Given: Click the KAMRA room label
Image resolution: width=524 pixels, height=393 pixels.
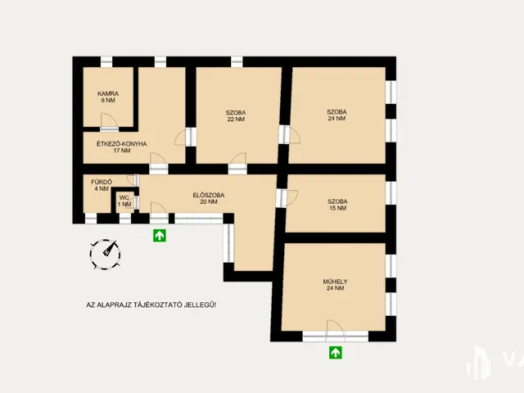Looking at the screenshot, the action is click(x=108, y=97).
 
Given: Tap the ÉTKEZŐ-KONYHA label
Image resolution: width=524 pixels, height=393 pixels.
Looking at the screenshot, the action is click(x=122, y=147).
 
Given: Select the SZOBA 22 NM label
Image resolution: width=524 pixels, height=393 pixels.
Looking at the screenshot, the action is click(x=236, y=115).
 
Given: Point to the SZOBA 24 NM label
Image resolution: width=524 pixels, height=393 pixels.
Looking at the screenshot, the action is click(x=337, y=115).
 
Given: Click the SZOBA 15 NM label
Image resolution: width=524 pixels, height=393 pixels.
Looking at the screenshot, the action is click(x=337, y=205).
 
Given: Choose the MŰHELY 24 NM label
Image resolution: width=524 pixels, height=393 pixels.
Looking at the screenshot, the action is click(x=335, y=285).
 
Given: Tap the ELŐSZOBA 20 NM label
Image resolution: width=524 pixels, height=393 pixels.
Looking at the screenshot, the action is click(x=209, y=198).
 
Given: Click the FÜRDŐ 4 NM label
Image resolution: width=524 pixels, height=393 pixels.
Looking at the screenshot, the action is click(x=102, y=185).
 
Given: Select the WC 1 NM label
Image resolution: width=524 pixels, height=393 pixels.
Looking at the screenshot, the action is click(x=124, y=201).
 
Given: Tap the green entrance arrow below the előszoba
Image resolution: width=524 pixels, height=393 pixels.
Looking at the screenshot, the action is click(x=160, y=236).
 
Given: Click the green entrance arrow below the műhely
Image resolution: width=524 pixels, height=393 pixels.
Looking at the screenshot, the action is click(x=336, y=353).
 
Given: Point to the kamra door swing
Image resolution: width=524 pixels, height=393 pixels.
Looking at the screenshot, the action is click(x=109, y=121).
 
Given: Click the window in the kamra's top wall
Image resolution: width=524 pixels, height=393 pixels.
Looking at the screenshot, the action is click(x=106, y=62).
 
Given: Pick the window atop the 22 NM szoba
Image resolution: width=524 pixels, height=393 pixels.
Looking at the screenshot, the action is click(x=237, y=62).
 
